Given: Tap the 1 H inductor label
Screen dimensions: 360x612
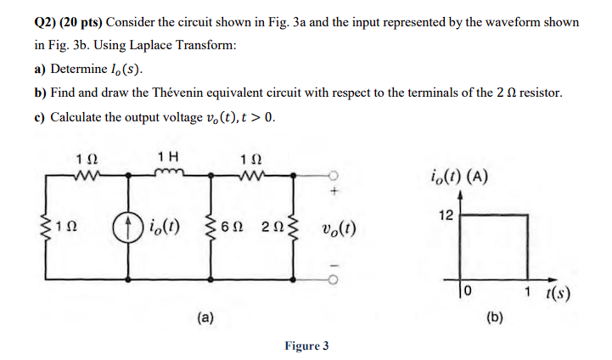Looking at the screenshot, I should (168, 157).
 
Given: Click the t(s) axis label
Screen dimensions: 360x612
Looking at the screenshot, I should (557, 295).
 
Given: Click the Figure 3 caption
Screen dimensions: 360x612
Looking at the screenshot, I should (306, 346).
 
